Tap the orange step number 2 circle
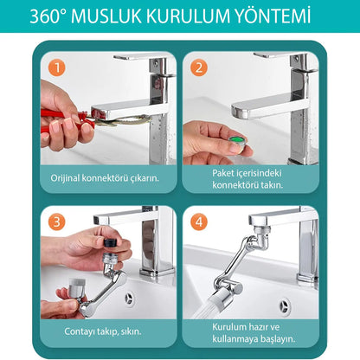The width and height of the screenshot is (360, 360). (198, 66)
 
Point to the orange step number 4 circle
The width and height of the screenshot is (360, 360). (198, 220)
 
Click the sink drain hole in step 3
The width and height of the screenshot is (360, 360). (128, 299)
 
